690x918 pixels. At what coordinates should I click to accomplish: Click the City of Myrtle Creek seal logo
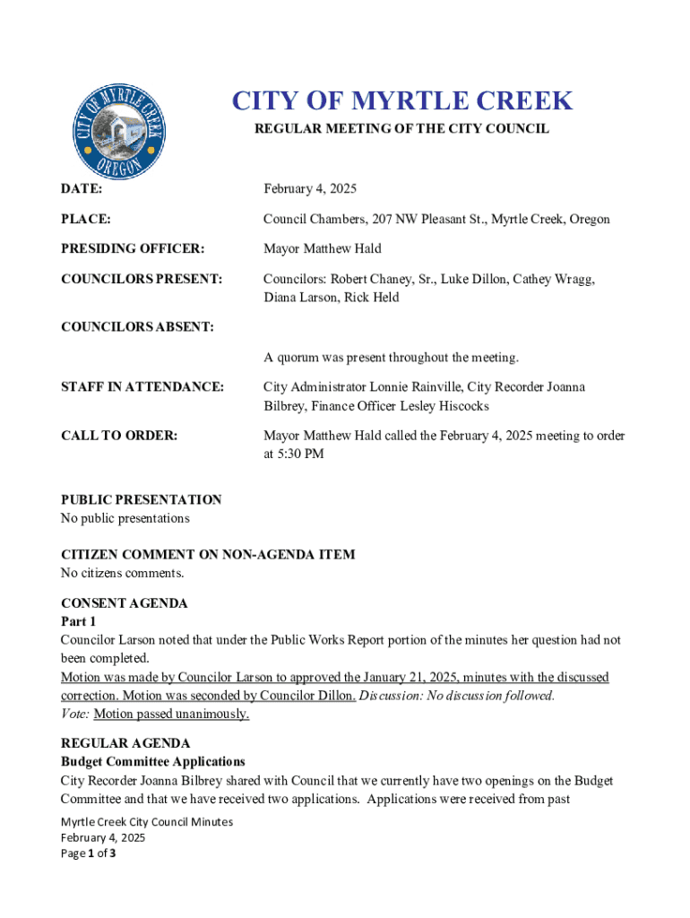pos(117,131)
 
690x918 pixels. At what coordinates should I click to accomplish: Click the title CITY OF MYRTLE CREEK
pos(401,100)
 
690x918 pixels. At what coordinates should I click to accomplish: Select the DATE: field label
pos(82,189)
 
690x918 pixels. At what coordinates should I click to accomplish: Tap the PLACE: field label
pos(86,219)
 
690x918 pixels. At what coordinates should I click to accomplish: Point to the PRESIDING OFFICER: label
pos(133,248)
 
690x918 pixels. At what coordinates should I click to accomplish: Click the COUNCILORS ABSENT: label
pos(137,327)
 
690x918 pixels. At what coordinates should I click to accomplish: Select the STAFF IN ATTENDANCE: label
pos(142,387)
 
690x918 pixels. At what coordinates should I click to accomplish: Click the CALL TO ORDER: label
pos(119,436)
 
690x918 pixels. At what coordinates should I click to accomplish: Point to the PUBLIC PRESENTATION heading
pos(141,499)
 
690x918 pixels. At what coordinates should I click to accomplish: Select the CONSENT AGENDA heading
pos(124,603)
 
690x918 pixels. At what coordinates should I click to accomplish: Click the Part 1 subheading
pos(78,621)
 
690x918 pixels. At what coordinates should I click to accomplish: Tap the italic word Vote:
pos(75,714)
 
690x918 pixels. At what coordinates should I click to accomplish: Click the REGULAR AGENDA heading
pos(125,743)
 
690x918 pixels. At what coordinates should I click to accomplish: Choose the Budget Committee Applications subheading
pos(152,762)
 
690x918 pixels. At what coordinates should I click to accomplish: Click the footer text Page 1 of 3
pos(89,853)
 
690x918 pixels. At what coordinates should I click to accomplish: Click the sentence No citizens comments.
pos(122,573)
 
